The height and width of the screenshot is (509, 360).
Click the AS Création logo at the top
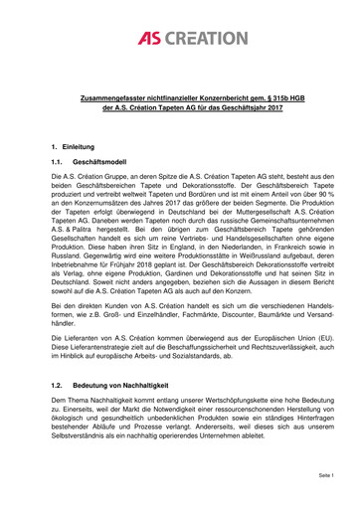pos(179,38)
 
